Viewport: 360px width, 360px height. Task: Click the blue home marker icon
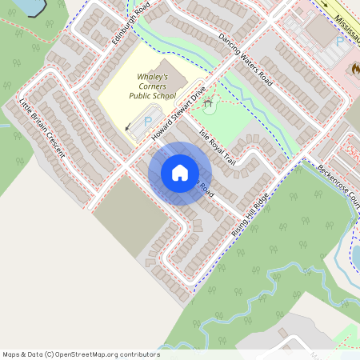179,173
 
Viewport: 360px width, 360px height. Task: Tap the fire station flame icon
354,69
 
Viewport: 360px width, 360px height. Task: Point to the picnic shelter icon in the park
210,102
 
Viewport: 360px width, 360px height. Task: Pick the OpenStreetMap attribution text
81,354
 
